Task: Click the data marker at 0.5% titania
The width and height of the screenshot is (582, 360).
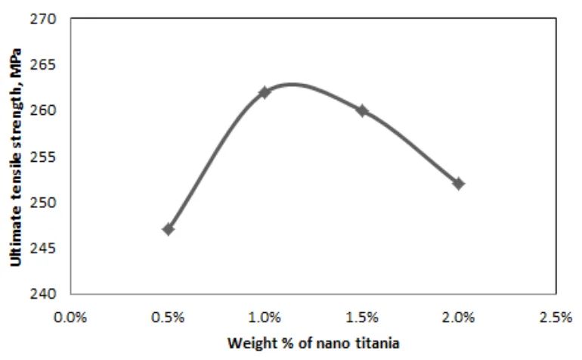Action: (168, 229)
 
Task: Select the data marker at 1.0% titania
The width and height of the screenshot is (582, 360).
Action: (265, 92)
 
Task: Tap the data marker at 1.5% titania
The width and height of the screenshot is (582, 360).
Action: (361, 110)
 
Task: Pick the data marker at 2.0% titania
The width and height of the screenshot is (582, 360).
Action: (458, 184)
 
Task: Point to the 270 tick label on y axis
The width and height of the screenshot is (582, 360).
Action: (47, 19)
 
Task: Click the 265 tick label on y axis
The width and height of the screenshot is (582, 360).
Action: (47, 65)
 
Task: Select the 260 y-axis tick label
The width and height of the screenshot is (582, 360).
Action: (47, 110)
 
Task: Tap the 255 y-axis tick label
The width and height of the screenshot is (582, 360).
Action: (47, 157)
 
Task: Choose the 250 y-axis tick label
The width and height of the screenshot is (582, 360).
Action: (47, 202)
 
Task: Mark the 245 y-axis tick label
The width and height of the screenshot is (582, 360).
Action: (47, 248)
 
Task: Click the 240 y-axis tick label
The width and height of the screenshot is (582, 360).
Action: (47, 293)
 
